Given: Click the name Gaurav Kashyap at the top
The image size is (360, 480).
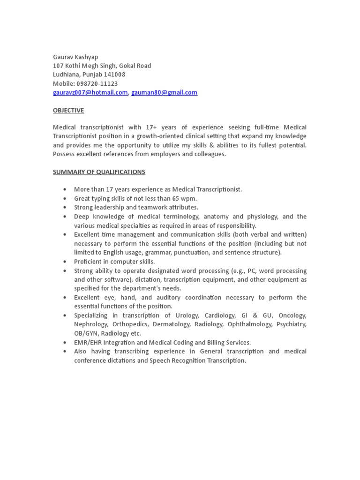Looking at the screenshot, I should (75, 57).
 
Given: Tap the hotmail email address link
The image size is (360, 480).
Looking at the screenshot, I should (90, 92).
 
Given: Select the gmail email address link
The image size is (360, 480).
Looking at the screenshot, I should (164, 92).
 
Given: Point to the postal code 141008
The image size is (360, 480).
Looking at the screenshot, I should (115, 75).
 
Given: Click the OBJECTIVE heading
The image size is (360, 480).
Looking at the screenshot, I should (68, 110).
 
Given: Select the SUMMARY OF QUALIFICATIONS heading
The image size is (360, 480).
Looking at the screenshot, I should (99, 172).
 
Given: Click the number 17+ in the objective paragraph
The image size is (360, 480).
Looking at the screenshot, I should (151, 127).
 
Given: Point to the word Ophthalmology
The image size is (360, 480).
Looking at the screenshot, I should (250, 324).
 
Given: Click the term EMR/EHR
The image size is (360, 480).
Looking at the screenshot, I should (88, 342).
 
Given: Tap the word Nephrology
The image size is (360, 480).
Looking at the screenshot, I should (91, 324).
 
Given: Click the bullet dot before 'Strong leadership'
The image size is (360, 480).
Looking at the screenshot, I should (64, 207).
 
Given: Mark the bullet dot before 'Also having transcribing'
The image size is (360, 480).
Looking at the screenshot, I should (64, 351).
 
